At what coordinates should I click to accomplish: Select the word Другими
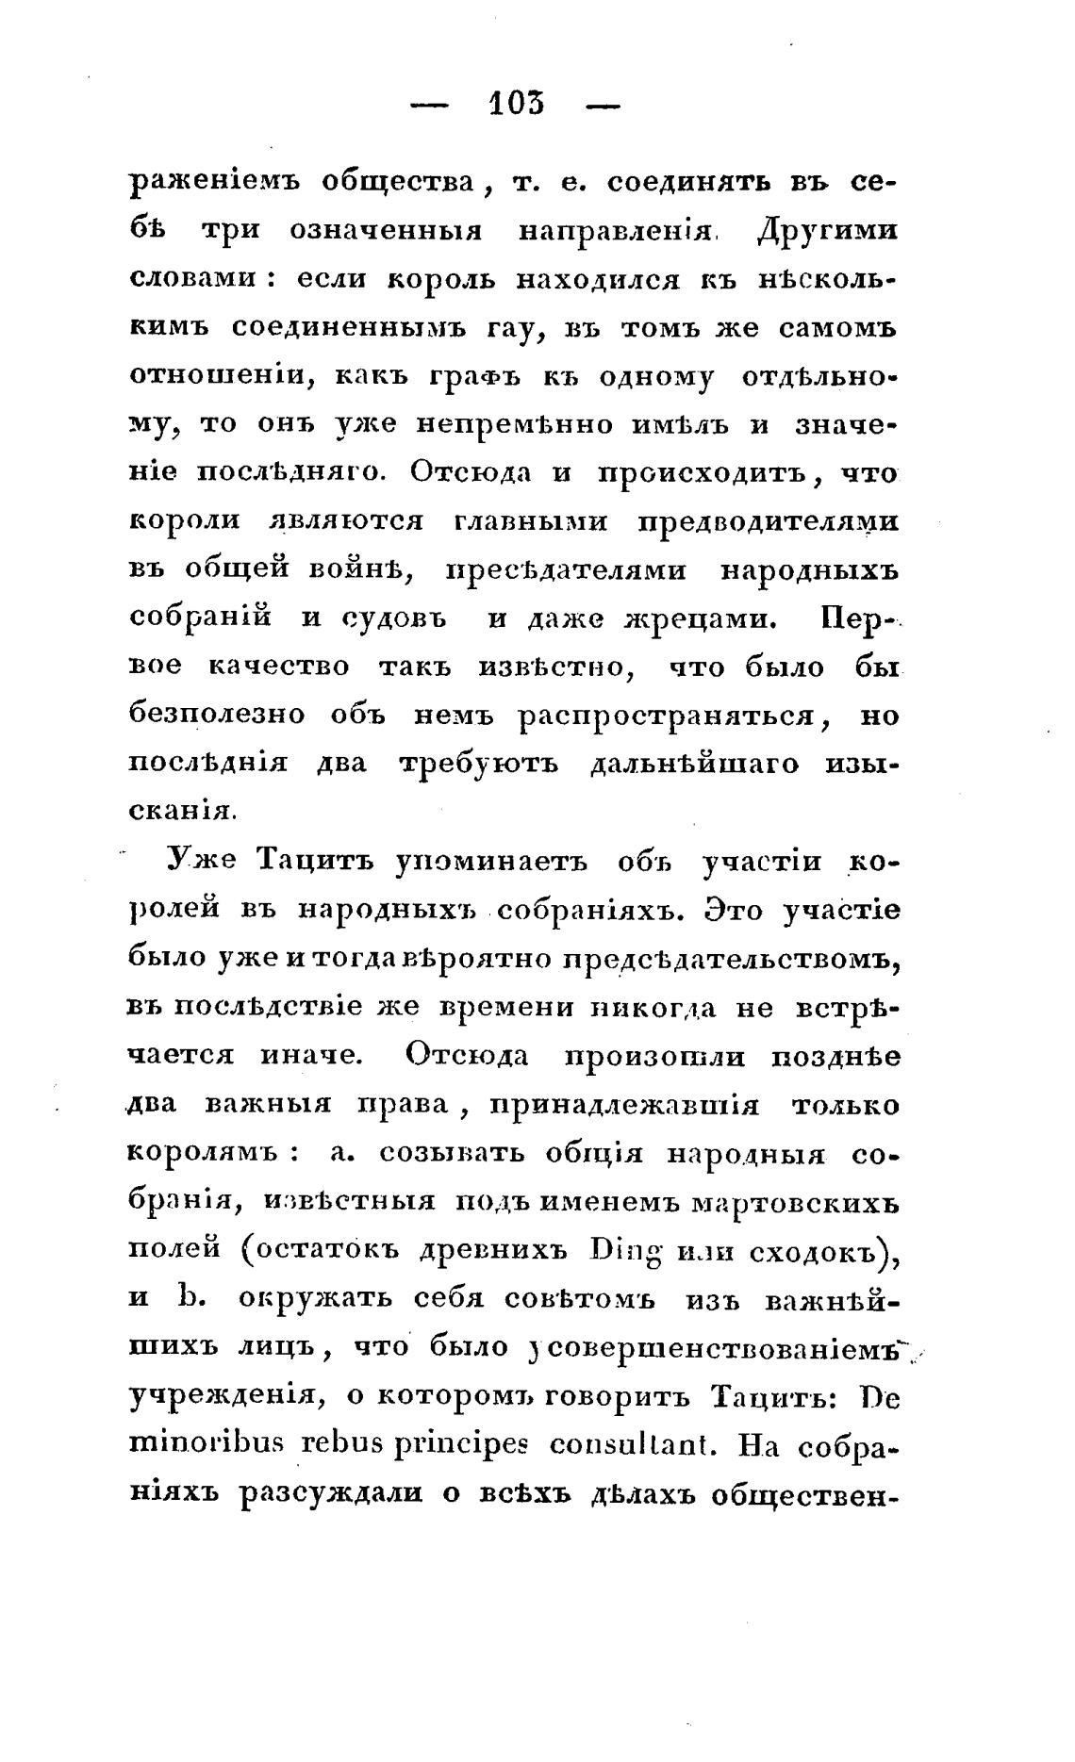point(827,231)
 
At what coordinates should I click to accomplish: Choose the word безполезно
point(217,716)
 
